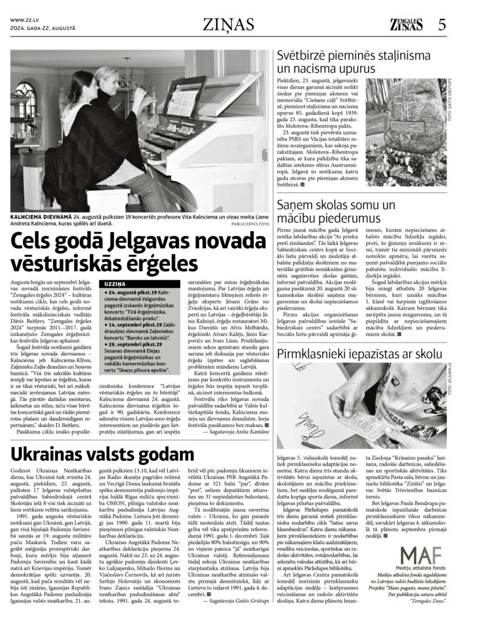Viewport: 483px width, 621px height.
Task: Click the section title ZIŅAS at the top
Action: coord(233,24)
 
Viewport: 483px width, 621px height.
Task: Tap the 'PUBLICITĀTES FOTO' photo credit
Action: coord(250,223)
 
